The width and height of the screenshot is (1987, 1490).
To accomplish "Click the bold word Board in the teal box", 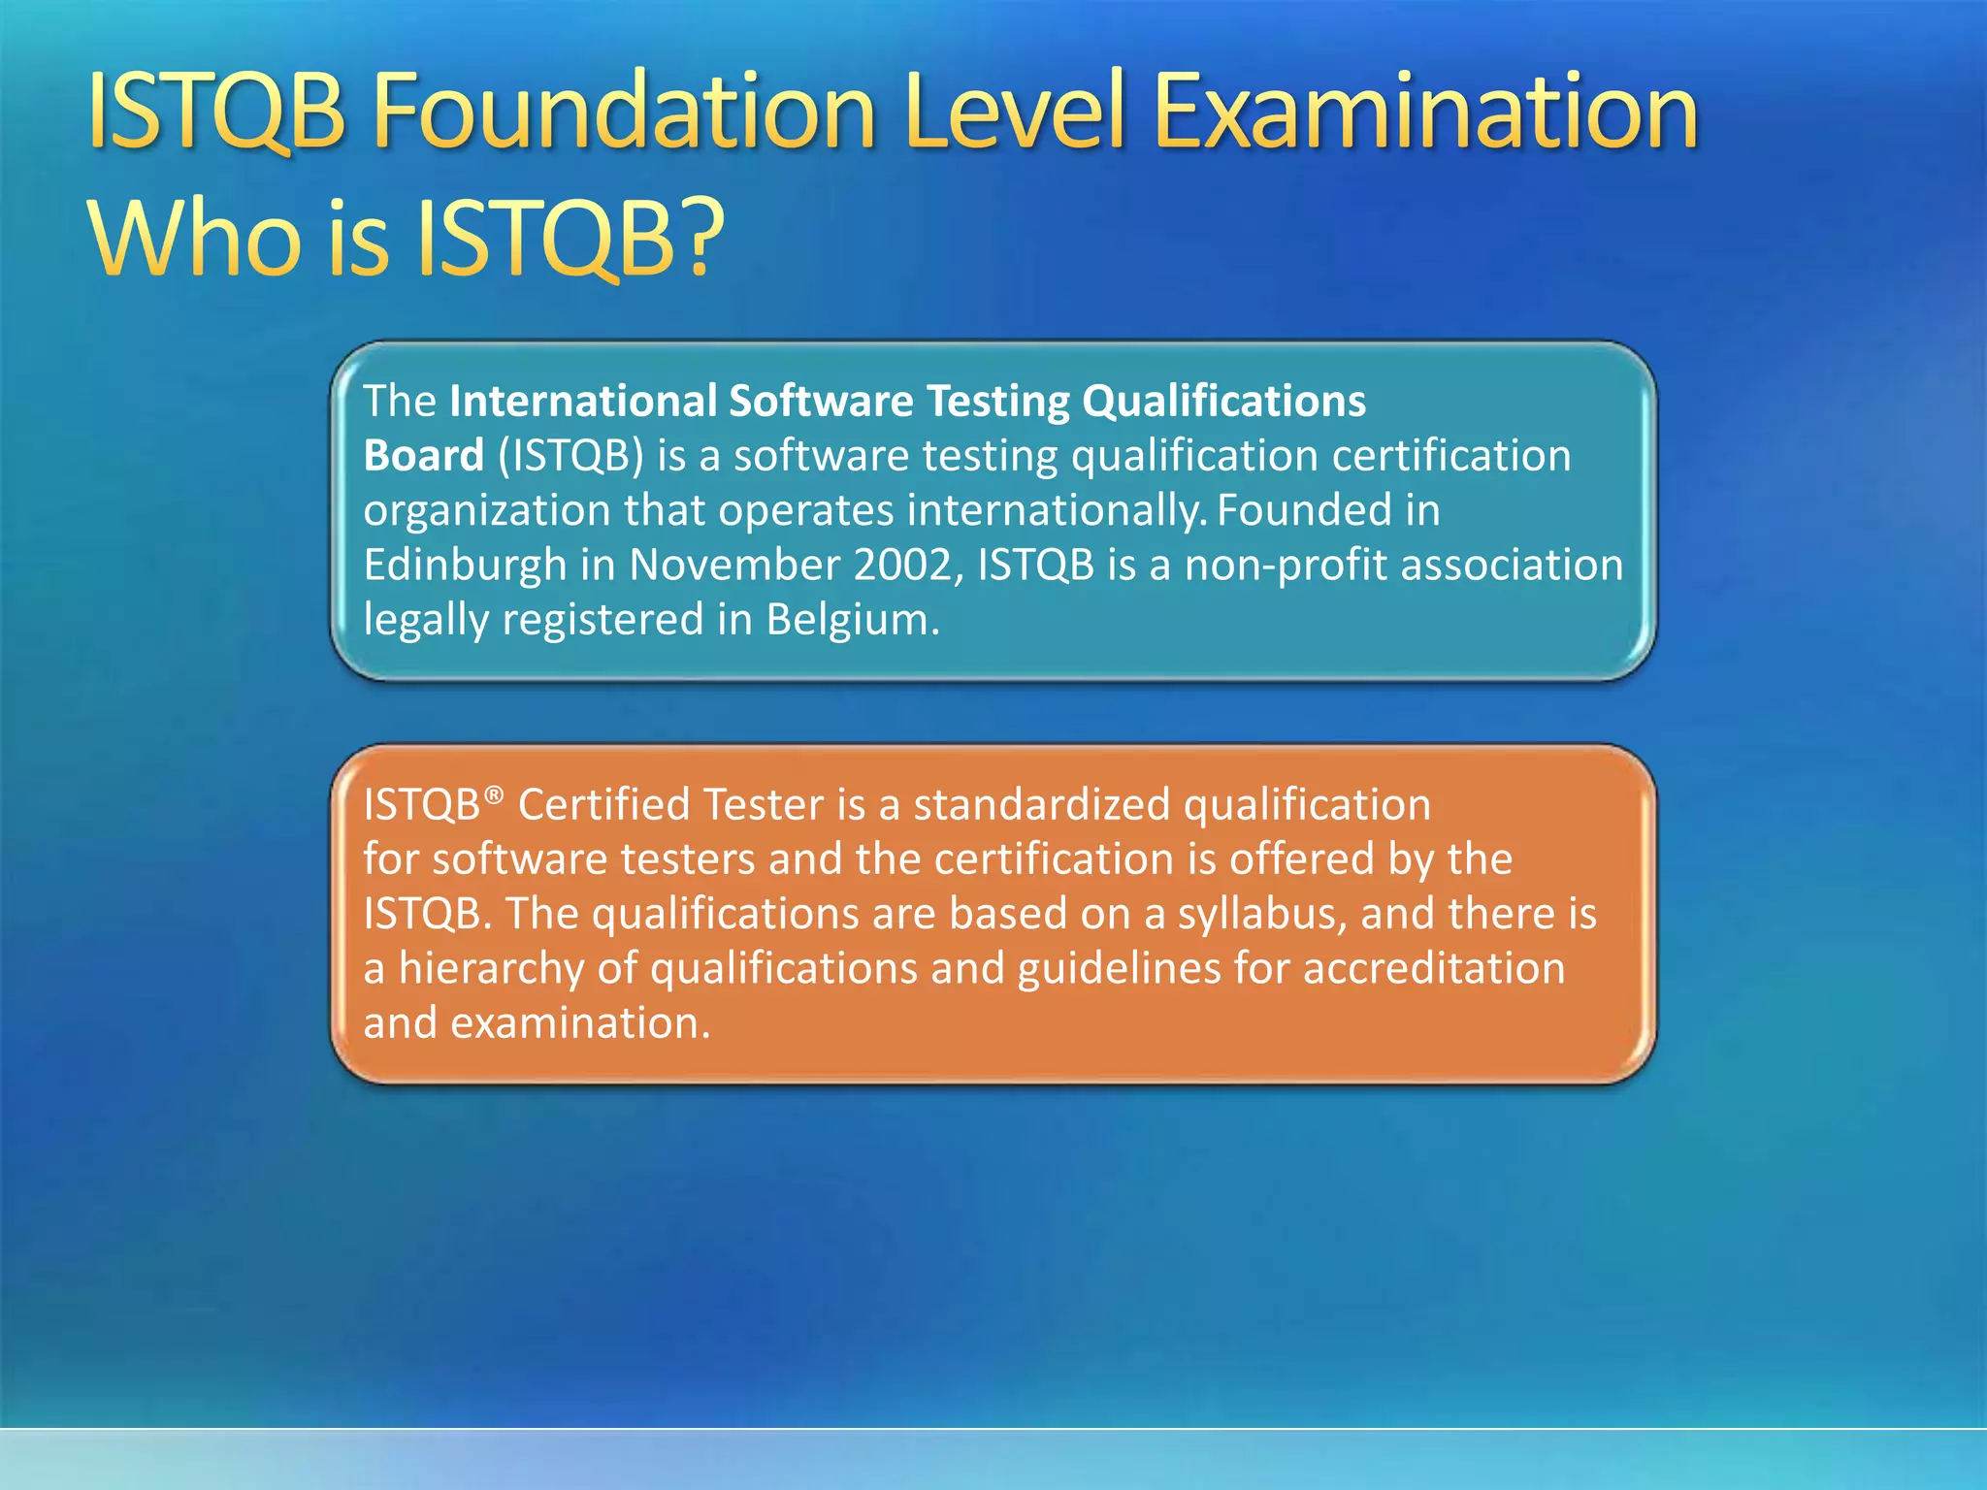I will click(423, 456).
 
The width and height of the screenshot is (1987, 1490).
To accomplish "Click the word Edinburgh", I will click(465, 565).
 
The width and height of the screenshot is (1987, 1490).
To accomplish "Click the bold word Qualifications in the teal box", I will click(1223, 402).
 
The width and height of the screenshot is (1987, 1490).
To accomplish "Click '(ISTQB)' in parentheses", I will click(570, 456).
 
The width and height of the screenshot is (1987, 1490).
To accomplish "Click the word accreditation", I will click(1433, 969).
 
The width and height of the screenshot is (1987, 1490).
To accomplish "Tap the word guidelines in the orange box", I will click(1119, 969).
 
